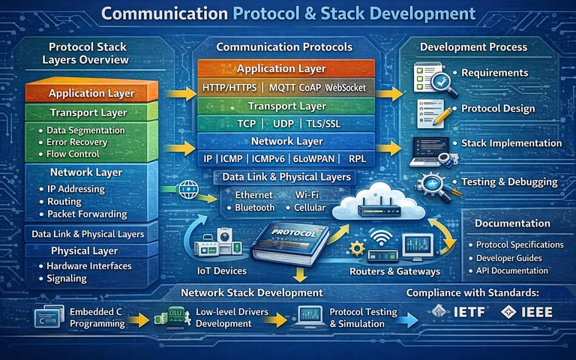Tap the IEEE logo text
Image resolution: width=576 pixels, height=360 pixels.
[x=538, y=312]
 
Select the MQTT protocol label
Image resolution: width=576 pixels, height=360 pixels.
[x=286, y=88]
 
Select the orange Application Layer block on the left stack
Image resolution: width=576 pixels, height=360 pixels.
[x=91, y=94]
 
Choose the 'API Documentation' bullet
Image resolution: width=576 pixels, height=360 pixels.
[x=514, y=271]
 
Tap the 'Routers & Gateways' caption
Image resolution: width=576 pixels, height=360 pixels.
[x=394, y=271]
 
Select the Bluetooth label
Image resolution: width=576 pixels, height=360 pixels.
[x=255, y=207]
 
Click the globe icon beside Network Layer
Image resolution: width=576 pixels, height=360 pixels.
[x=184, y=188]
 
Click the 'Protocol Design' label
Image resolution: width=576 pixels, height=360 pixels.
[x=498, y=109]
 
